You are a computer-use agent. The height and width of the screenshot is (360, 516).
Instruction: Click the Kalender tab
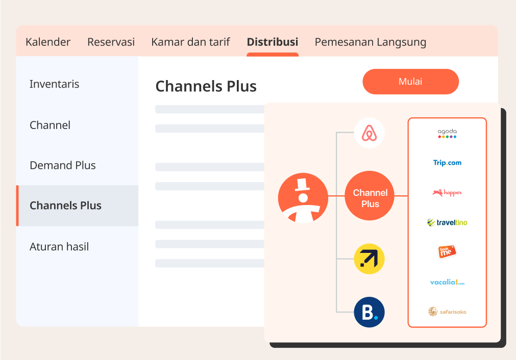[x=48, y=42]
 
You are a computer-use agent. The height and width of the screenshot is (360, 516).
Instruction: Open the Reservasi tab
[x=111, y=42]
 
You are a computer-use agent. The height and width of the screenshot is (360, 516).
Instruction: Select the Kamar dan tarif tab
[x=190, y=42]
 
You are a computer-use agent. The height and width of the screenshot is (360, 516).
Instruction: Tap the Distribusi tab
[x=272, y=42]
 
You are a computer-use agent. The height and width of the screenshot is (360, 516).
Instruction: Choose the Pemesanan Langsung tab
[x=370, y=42]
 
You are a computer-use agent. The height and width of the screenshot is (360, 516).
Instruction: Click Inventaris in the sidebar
[x=55, y=84]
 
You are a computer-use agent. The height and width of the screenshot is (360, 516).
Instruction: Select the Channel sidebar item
[x=50, y=125]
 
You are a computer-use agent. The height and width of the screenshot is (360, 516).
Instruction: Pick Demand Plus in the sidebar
[x=63, y=165]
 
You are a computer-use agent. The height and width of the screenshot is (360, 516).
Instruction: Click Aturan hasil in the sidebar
[x=59, y=247]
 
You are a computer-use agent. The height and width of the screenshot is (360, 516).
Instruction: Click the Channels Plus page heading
[x=206, y=86]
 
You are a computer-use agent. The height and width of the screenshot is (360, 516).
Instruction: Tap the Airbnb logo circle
[x=369, y=133]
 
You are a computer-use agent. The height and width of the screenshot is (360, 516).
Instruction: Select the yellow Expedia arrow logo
[x=369, y=259]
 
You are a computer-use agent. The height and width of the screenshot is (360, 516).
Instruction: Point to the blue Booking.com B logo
[x=369, y=312]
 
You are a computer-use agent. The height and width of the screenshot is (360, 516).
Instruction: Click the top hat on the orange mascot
[x=303, y=184]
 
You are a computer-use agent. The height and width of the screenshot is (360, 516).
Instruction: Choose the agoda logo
[x=447, y=134]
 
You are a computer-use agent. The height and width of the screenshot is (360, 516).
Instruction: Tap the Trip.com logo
[x=447, y=163]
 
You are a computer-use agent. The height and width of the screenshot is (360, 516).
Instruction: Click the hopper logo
[x=447, y=193]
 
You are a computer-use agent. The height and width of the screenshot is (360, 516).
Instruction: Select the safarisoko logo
[x=447, y=311]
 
